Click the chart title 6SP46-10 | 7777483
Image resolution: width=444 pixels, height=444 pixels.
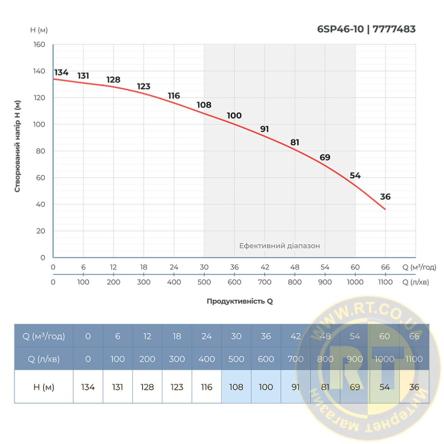point(366,29)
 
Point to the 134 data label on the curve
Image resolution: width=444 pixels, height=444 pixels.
point(61,72)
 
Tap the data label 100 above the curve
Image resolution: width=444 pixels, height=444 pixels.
point(234,116)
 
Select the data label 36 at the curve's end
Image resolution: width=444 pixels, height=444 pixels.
point(385,197)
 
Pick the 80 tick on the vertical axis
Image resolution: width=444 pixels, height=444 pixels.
point(41,151)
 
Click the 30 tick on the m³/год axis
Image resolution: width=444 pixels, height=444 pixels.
point(204,267)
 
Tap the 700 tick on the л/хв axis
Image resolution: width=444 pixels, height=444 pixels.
point(265,282)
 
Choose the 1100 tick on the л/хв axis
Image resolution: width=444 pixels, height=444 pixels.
point(385,282)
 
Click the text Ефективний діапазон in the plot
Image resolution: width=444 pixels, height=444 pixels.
point(279,246)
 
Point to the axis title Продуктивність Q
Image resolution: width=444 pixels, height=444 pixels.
point(240,301)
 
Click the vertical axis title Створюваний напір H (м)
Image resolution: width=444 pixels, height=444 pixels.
point(18,146)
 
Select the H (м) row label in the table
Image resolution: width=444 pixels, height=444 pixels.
point(44,387)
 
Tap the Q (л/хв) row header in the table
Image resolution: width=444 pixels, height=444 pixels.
point(44,359)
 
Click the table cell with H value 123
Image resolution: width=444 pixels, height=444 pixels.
point(177,387)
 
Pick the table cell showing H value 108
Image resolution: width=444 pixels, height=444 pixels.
point(236,387)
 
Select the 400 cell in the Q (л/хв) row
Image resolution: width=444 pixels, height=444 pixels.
point(206,359)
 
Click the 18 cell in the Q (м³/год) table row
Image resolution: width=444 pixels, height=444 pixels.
point(177,336)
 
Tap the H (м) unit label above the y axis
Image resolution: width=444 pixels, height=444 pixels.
point(39,30)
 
